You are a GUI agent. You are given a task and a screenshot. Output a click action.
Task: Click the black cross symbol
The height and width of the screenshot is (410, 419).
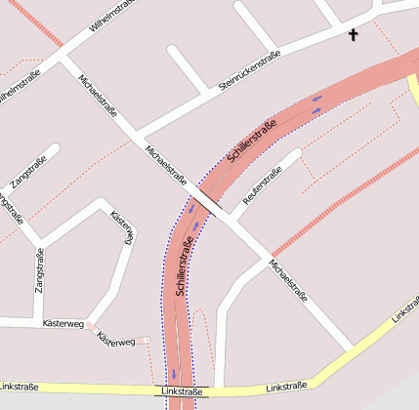coord(354,35)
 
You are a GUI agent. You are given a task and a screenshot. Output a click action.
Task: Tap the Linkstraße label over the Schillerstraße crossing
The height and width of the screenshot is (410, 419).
coord(183,391)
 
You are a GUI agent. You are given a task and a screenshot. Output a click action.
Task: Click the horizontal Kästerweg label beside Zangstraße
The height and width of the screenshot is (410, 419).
coord(63,322)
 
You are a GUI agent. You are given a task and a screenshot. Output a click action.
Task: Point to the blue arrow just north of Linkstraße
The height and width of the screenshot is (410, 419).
coord(175,373)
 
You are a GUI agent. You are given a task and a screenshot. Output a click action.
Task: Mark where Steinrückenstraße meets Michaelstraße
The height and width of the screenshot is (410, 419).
coord(137,134)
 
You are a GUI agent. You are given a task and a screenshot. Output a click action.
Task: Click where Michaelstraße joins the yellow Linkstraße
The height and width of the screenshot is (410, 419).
coord(351,348)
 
